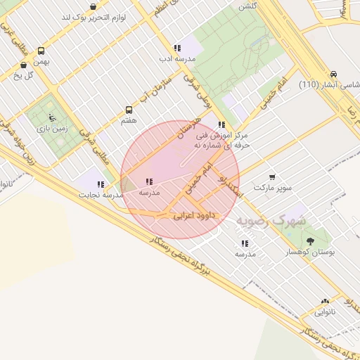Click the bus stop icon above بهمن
tap(41, 51)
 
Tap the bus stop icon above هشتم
tap(129, 110)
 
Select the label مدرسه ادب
tap(176, 59)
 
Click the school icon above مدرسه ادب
tap(177, 48)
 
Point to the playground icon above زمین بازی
tap(51, 117)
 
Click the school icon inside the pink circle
tap(148, 181)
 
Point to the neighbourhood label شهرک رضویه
tap(271, 221)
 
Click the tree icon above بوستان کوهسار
tap(310, 241)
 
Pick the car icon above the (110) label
tap(333, 73)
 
